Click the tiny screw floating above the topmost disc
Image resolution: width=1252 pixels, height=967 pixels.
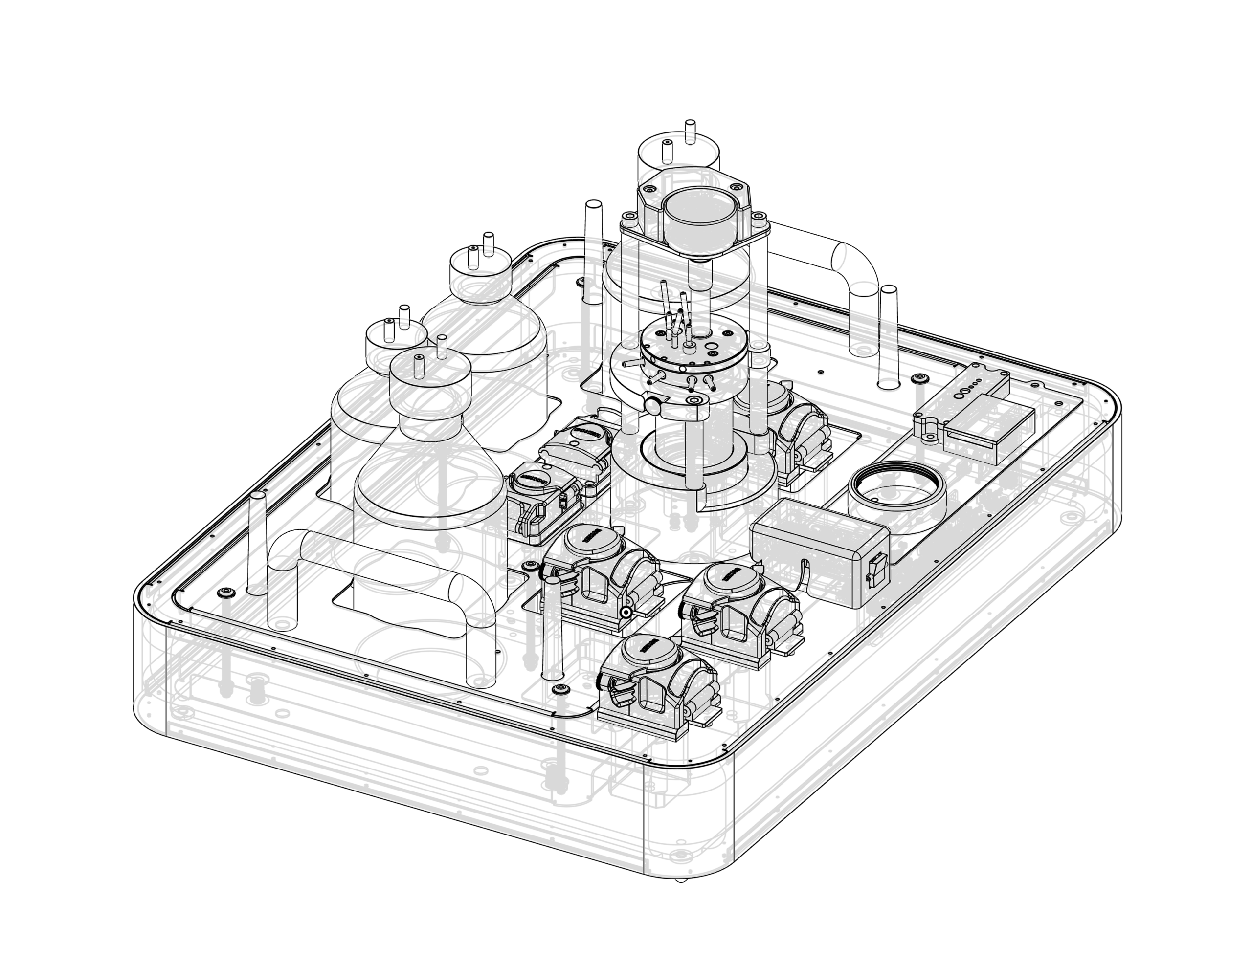click(x=690, y=124)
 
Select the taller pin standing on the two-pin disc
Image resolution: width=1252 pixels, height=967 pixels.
click(x=442, y=343)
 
